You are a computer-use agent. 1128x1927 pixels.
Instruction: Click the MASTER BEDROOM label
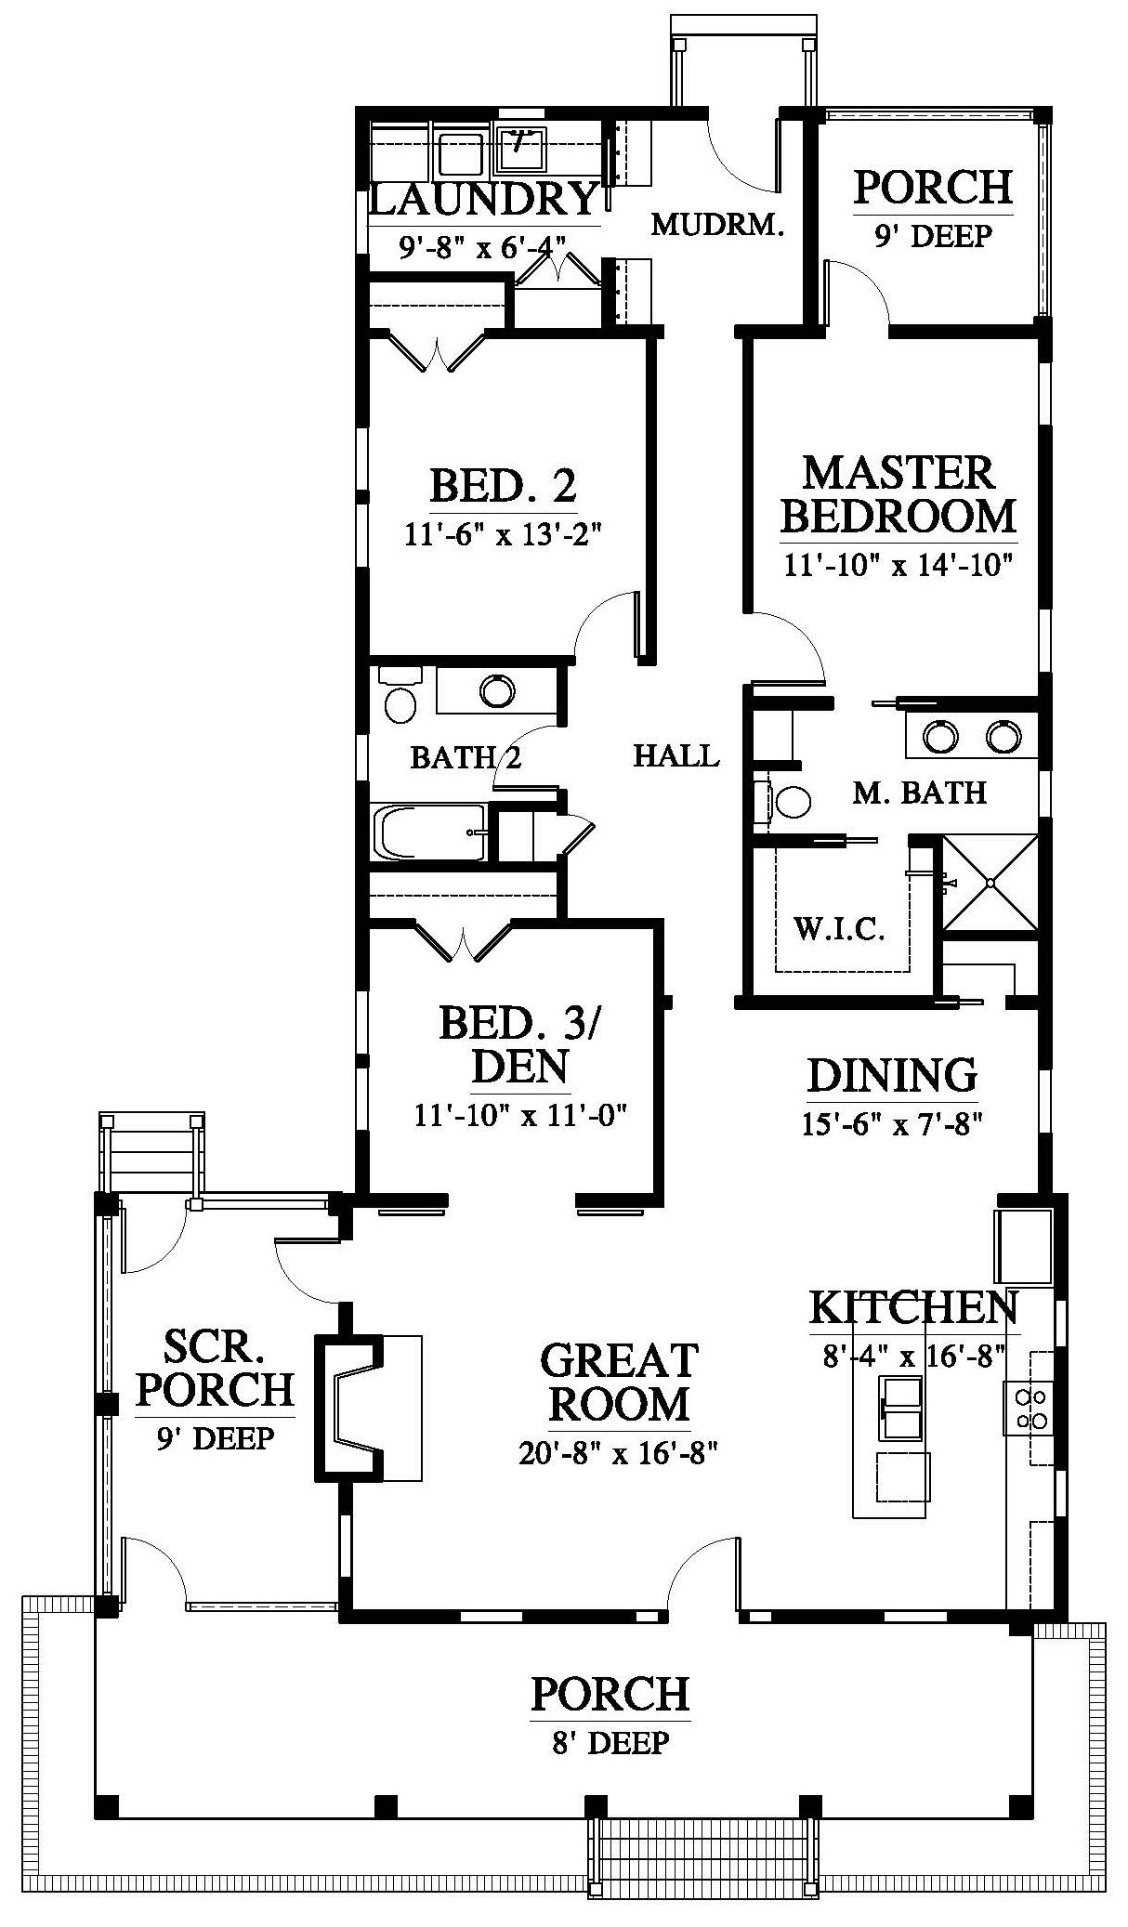(x=898, y=494)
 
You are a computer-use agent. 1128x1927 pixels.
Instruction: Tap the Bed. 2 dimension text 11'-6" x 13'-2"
(x=504, y=536)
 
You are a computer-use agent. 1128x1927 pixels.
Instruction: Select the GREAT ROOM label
(x=619, y=1382)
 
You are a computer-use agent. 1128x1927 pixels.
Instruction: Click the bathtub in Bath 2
(x=428, y=832)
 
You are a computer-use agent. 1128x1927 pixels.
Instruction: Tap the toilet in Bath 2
(x=400, y=694)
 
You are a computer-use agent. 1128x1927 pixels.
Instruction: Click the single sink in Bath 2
(x=497, y=690)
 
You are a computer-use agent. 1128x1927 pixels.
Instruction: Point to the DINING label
(x=892, y=1075)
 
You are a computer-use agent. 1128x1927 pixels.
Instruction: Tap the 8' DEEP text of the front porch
(x=610, y=1742)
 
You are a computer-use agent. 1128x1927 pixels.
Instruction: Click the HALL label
(x=676, y=755)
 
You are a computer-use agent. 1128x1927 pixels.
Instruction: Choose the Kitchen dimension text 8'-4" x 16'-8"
(x=914, y=1357)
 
